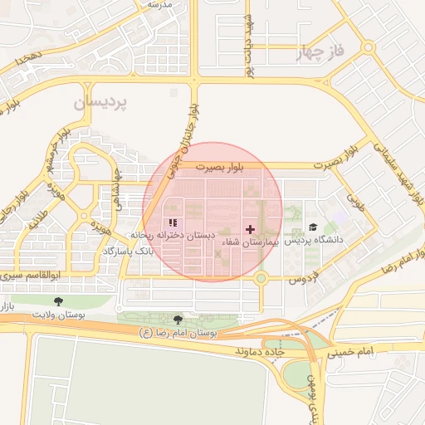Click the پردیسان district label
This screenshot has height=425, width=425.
[x=100, y=102]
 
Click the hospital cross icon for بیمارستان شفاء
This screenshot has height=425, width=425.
[x=251, y=228]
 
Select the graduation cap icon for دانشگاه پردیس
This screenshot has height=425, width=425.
[x=313, y=227]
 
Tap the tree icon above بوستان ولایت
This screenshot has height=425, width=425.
[x=57, y=301]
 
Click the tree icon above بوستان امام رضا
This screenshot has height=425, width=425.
[x=178, y=320]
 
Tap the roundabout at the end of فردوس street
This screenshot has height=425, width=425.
[x=261, y=278]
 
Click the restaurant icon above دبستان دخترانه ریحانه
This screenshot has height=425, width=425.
[x=173, y=222]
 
